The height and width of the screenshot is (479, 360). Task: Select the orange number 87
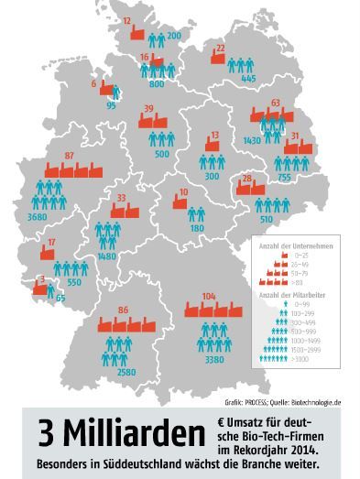tap(70, 156)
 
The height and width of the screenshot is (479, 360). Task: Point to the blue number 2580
tap(115, 373)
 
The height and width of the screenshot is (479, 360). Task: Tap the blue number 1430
tap(253, 138)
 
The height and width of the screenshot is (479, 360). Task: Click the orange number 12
tap(127, 20)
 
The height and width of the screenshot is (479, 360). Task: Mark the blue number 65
tap(61, 299)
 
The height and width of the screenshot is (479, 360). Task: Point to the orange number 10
tap(183, 191)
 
